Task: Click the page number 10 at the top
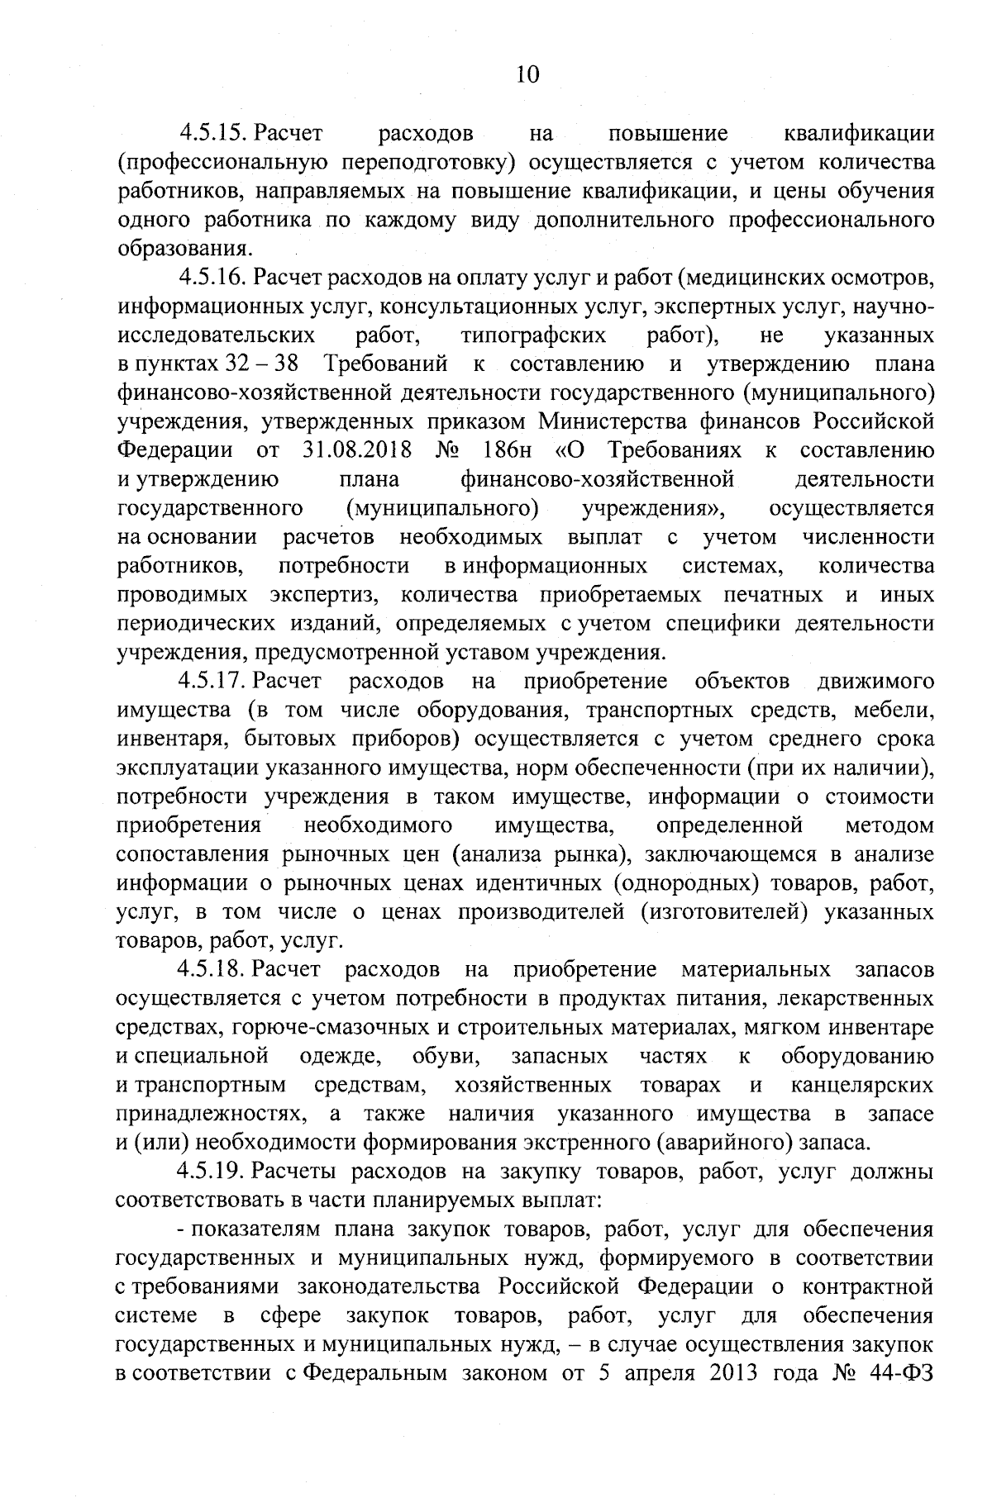click(527, 75)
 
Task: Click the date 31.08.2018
click(351, 451)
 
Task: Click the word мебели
click(895, 711)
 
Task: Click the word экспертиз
click(322, 595)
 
